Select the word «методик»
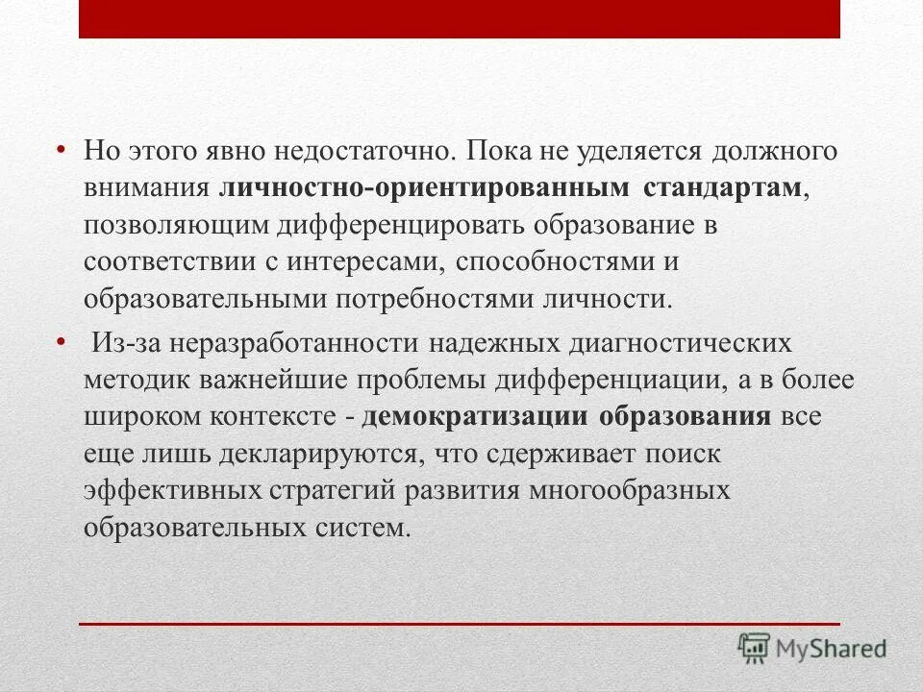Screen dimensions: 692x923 click(137, 380)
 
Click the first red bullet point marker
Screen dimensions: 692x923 click(61, 150)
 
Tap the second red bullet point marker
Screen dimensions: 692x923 click(61, 341)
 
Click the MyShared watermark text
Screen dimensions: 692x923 click(833, 648)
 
